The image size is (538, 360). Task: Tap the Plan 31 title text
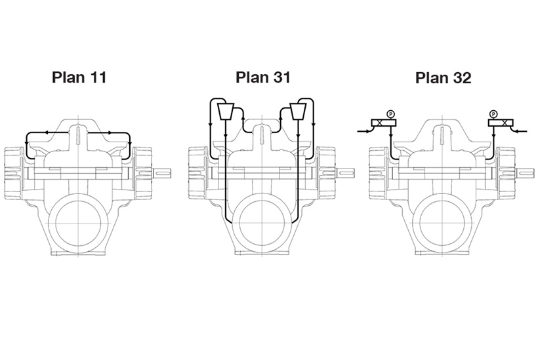[262, 77]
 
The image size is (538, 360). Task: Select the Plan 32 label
[443, 78]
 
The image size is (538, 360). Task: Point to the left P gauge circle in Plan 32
[390, 113]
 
